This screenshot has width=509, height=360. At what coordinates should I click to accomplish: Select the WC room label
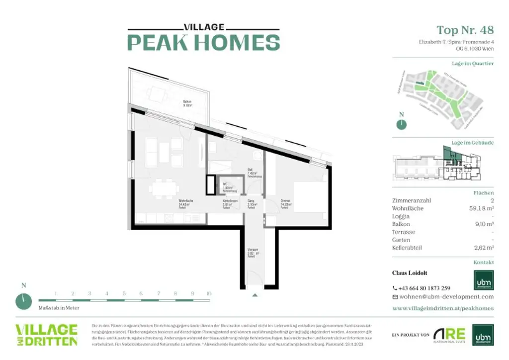point(226,184)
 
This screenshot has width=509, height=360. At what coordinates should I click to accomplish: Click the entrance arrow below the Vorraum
point(255,295)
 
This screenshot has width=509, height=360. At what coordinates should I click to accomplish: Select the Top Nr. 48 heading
point(465,30)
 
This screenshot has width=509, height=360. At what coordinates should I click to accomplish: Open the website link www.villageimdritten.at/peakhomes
point(443,308)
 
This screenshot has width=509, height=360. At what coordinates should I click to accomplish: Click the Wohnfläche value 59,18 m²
point(479,208)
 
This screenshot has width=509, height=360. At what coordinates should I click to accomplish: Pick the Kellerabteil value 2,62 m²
point(482,248)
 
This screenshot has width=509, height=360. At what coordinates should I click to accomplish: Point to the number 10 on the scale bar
point(209,294)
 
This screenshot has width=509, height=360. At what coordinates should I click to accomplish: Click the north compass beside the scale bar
point(23,300)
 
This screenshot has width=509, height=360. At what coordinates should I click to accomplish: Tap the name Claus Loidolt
point(410,273)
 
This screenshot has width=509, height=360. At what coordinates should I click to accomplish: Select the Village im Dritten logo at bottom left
point(46,335)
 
